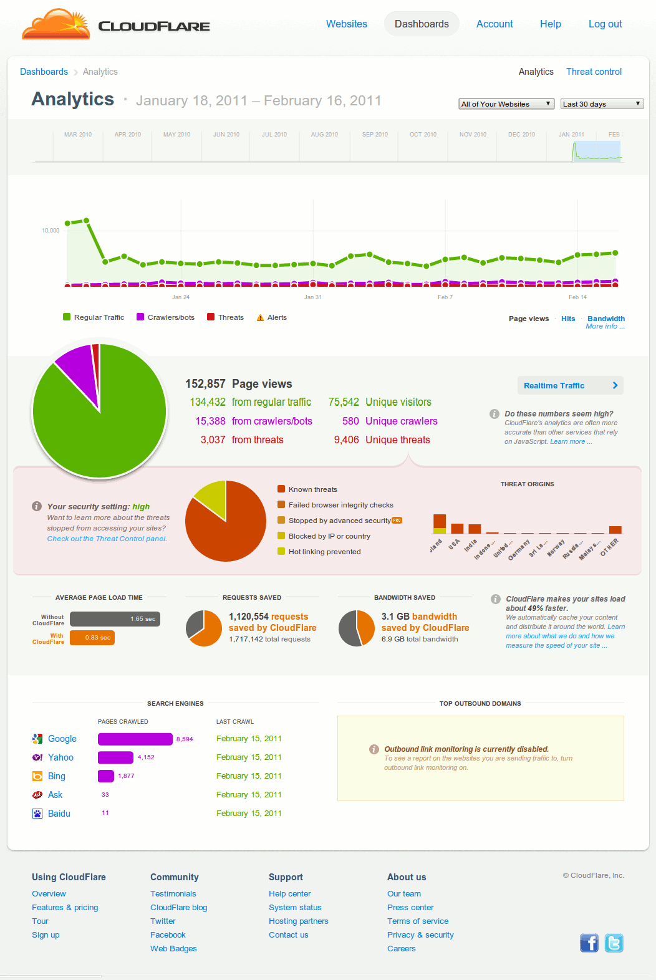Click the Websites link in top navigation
pyautogui.click(x=347, y=24)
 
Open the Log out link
pyautogui.click(x=605, y=24)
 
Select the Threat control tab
pyautogui.click(x=594, y=72)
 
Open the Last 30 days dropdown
pyautogui.click(x=602, y=104)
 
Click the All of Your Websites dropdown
pyautogui.click(x=506, y=104)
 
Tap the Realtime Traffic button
pyautogui.click(x=570, y=385)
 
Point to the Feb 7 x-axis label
pyautogui.click(x=445, y=297)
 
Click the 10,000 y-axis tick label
pyautogui.click(x=51, y=231)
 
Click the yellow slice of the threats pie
pyautogui.click(x=213, y=496)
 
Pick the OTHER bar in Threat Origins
pyautogui.click(x=615, y=530)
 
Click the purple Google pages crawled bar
pyautogui.click(x=135, y=739)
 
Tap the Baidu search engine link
pyautogui.click(x=59, y=814)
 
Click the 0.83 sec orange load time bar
pyautogui.click(x=92, y=638)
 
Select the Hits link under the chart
pyautogui.click(x=568, y=319)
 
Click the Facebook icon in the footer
pyautogui.click(x=589, y=943)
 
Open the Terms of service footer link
pyautogui.click(x=418, y=921)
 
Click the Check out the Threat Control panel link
pyautogui.click(x=107, y=539)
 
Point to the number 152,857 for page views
pyautogui.click(x=205, y=384)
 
